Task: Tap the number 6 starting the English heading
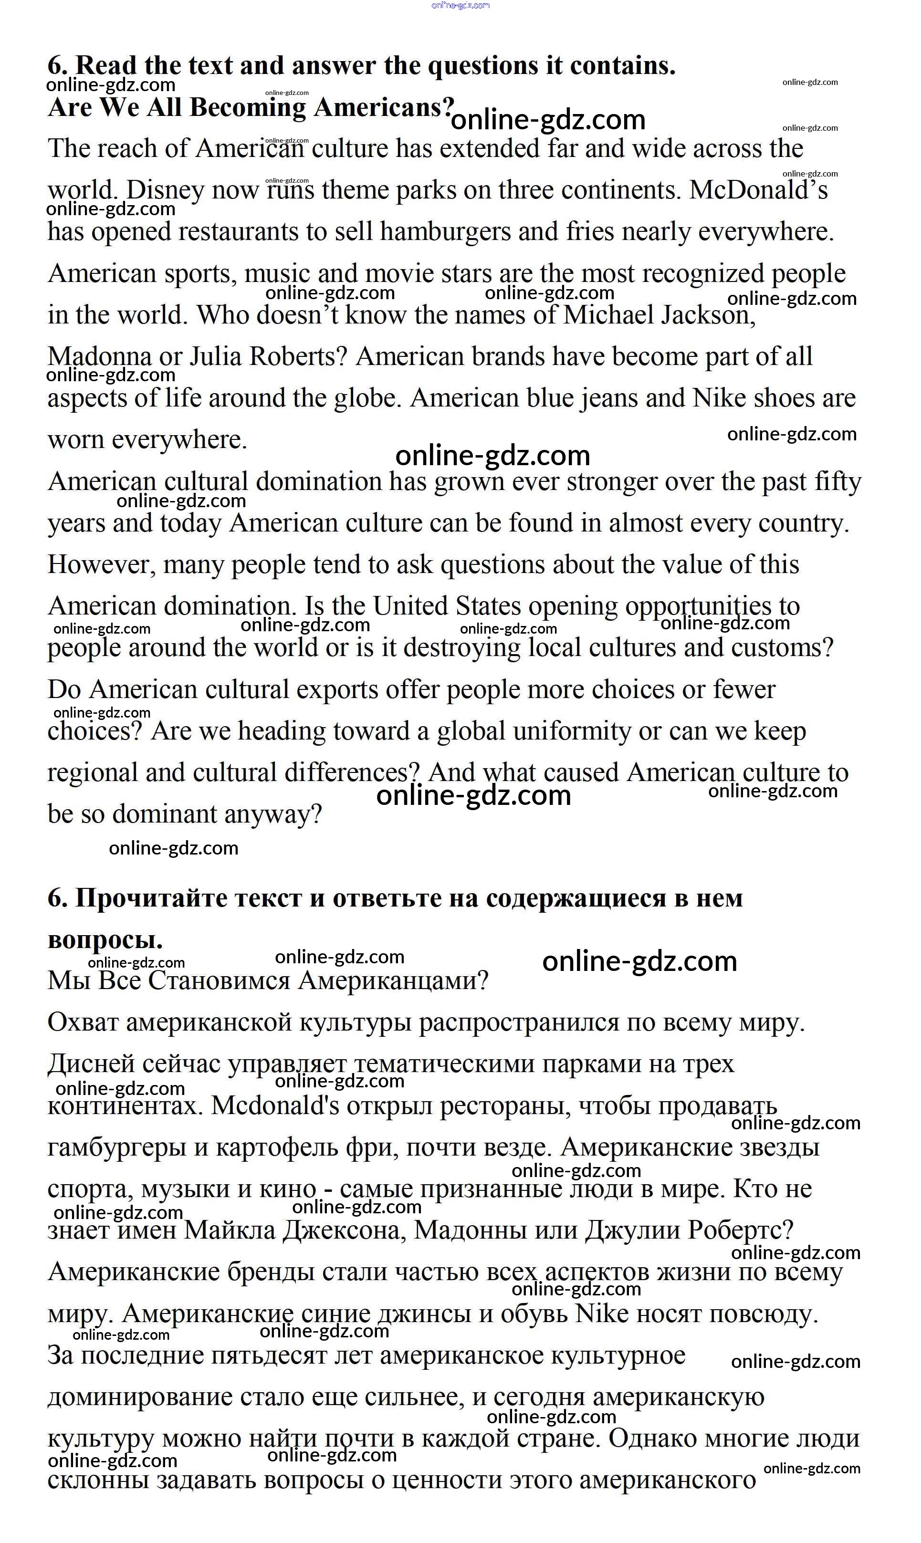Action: click(x=58, y=66)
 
